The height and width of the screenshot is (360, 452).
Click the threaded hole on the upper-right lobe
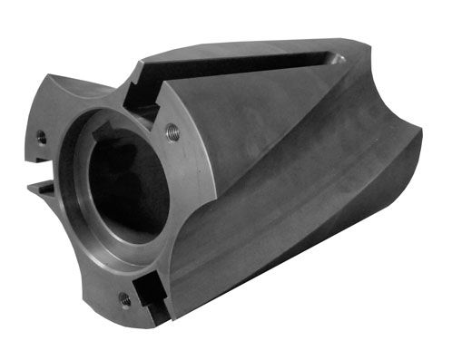click(x=173, y=132)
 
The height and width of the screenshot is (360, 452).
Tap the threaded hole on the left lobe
click(x=41, y=137)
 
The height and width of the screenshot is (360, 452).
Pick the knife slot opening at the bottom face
click(x=156, y=309)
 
